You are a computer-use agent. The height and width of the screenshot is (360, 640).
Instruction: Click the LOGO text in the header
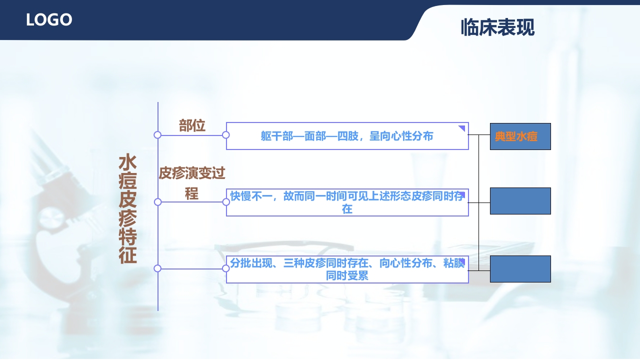point(49,20)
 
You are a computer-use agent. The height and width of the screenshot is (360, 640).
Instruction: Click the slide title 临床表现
point(497,27)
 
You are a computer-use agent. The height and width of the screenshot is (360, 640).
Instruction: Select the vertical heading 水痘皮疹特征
point(127,209)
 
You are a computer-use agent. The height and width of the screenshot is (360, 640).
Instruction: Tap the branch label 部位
point(192,125)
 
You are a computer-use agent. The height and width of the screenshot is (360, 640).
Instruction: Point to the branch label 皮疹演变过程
point(192,183)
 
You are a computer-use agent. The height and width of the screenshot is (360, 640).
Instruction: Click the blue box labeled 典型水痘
point(520,136)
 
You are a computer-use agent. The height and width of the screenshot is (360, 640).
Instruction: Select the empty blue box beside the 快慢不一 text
point(520,201)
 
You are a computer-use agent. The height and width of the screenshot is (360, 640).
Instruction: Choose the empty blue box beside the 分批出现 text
point(520,269)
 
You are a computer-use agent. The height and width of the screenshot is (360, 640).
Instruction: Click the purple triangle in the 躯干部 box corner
point(462,129)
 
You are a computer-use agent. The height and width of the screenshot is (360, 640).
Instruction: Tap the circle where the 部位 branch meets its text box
point(226,135)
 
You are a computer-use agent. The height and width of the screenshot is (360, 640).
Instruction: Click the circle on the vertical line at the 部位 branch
point(157,135)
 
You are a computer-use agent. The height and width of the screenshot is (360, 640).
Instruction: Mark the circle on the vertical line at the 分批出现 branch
point(157,268)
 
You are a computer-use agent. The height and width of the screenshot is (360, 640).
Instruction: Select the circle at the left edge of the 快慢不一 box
point(226,202)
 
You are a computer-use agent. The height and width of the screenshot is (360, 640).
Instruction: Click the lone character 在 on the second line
point(347,209)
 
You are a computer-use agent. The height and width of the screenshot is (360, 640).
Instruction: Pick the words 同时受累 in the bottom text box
point(347,275)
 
